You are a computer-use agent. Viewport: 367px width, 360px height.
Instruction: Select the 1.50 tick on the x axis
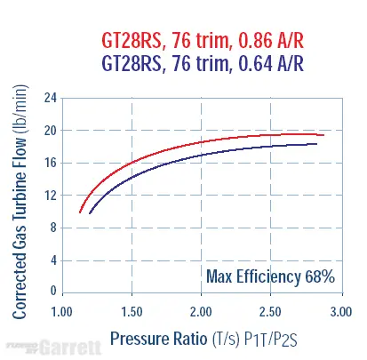tap(132, 312)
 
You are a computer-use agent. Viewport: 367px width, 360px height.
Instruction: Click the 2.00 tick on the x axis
tap(202, 312)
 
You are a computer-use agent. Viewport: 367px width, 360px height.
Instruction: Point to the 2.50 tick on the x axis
tap(271, 312)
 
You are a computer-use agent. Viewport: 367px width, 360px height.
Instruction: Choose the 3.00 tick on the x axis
tap(339, 312)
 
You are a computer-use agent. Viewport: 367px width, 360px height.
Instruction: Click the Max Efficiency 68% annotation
tap(270, 276)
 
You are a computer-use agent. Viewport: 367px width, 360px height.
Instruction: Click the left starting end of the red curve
tap(80, 212)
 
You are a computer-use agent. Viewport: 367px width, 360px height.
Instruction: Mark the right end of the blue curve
tap(316, 144)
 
